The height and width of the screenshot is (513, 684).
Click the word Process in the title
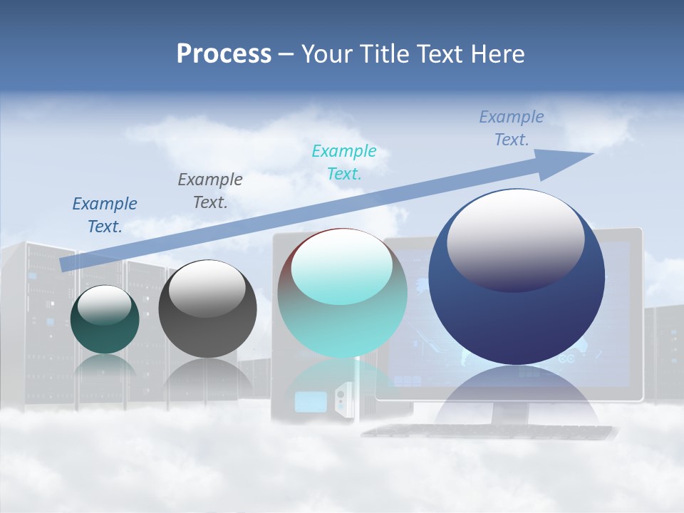pyautogui.click(x=224, y=53)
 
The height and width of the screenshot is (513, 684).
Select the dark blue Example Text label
pyautogui.click(x=105, y=215)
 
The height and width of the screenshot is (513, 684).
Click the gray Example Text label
pyautogui.click(x=210, y=191)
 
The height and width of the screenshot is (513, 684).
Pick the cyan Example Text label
pyautogui.click(x=344, y=162)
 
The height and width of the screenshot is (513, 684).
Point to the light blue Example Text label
pyautogui.click(x=511, y=128)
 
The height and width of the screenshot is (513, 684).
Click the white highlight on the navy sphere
pyautogui.click(x=516, y=239)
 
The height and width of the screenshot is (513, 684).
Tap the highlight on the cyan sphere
pyautogui.click(x=342, y=267)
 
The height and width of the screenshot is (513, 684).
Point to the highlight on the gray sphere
pyautogui.click(x=207, y=289)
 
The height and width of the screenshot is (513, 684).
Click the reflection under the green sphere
pyautogui.click(x=105, y=367)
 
